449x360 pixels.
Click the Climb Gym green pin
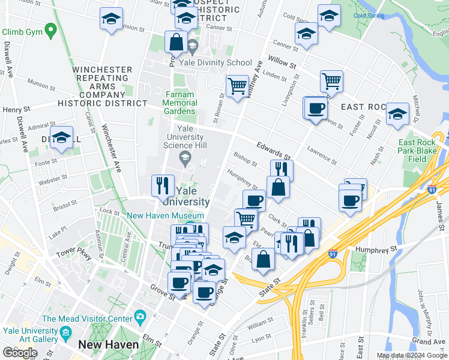click(x=50, y=29)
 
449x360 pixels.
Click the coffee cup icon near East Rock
click(x=316, y=109)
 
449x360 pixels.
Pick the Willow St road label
click(x=283, y=61)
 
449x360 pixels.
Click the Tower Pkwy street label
click(x=75, y=254)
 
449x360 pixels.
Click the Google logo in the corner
click(x=20, y=353)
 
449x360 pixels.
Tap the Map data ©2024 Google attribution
click(x=411, y=355)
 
